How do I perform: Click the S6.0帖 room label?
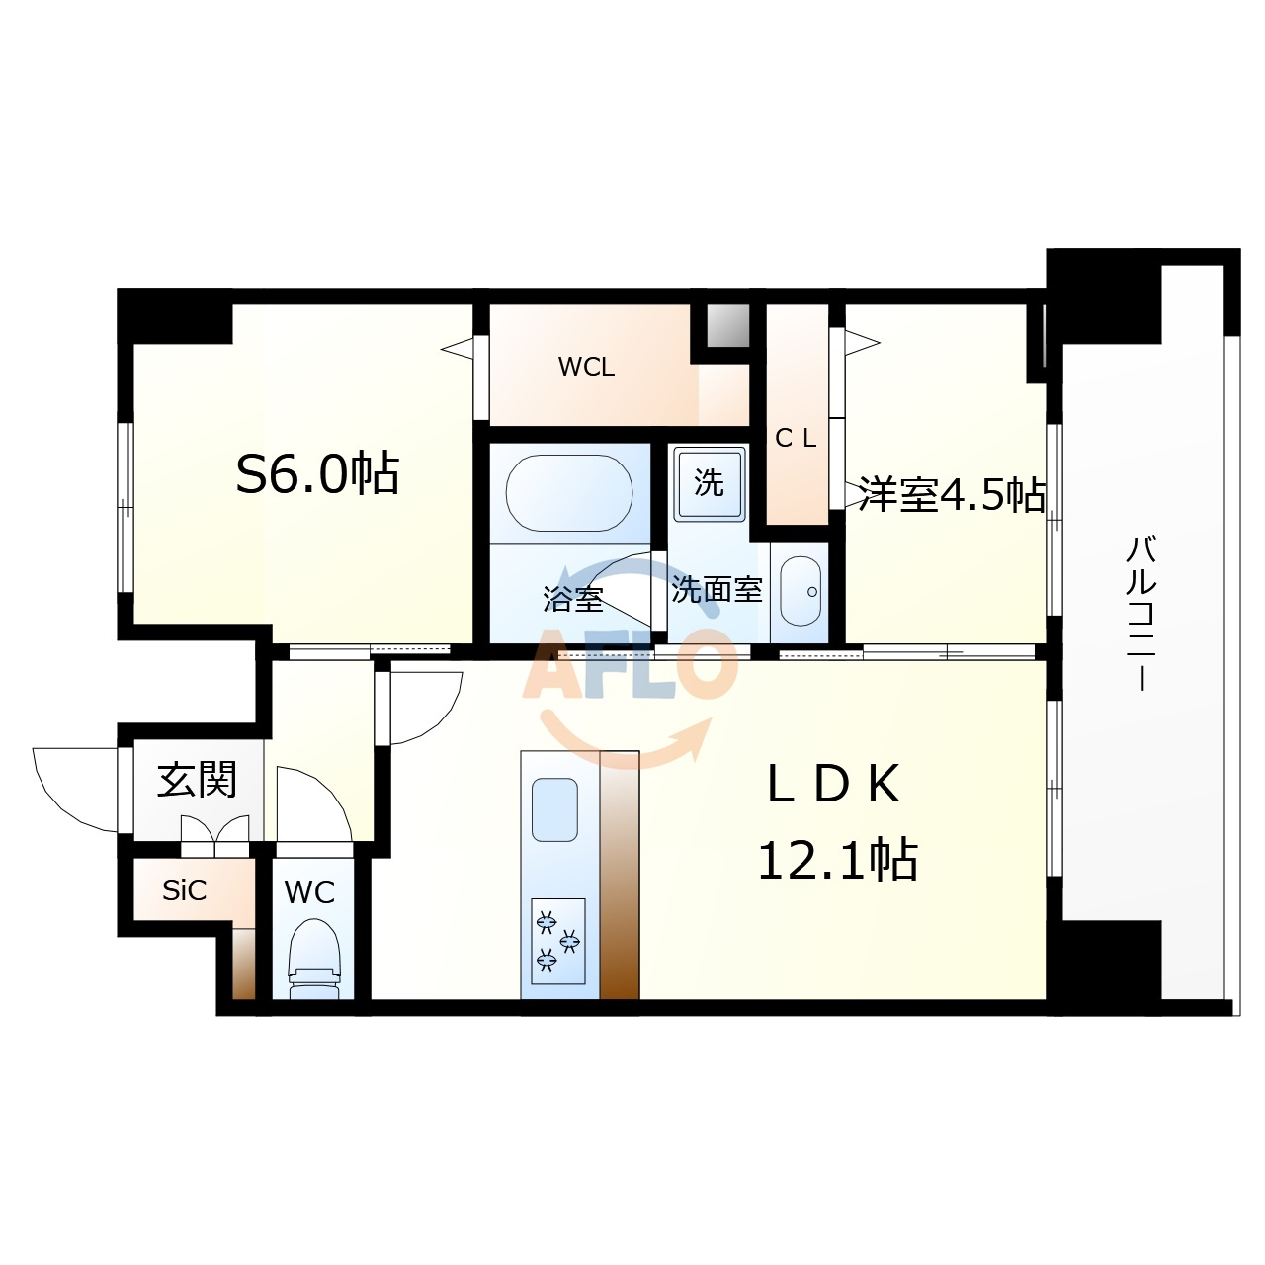pyautogui.click(x=317, y=472)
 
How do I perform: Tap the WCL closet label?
pyautogui.click(x=586, y=367)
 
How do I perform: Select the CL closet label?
pyautogui.click(x=796, y=438)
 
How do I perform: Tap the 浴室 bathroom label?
pyautogui.click(x=573, y=598)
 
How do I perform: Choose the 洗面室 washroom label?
pyautogui.click(x=717, y=589)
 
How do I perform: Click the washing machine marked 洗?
pyautogui.click(x=710, y=484)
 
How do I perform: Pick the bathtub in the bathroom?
pyautogui.click(x=569, y=493)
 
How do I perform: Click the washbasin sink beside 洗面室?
pyautogui.click(x=801, y=591)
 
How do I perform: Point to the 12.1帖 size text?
pyautogui.click(x=838, y=859)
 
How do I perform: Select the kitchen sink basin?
pyautogui.click(x=554, y=809)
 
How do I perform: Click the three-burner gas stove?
pyautogui.click(x=558, y=941)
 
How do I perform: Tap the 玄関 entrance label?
pyautogui.click(x=197, y=779)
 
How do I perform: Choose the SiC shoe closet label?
pyautogui.click(x=185, y=890)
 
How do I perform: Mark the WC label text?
pyautogui.click(x=309, y=892)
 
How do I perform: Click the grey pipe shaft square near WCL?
pyautogui.click(x=727, y=325)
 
